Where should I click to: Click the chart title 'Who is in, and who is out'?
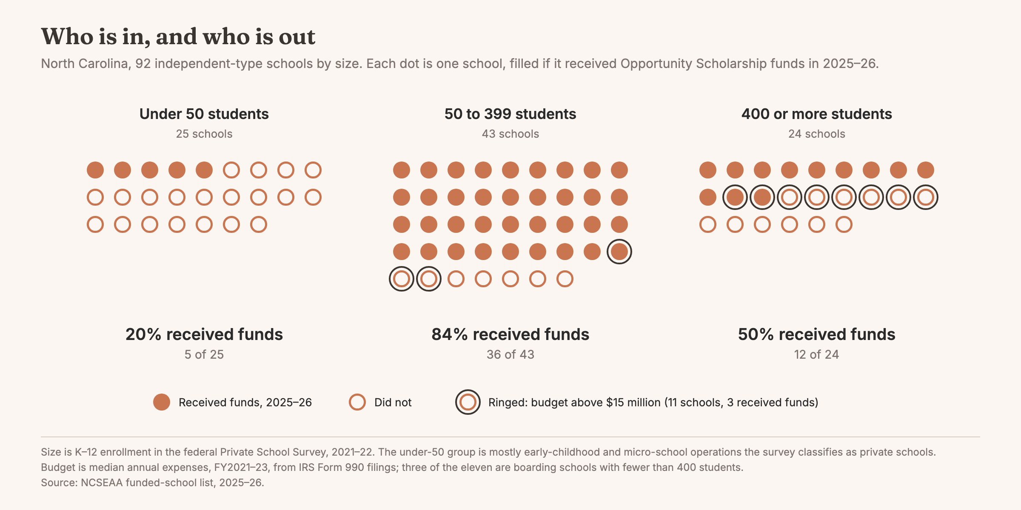[178, 37]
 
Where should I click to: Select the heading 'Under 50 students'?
[204, 114]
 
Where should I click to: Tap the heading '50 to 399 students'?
[510, 114]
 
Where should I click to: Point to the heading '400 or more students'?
[817, 114]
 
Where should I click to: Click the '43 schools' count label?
[510, 134]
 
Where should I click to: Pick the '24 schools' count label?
[817, 134]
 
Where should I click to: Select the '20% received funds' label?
[204, 334]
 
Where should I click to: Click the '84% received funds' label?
[510, 334]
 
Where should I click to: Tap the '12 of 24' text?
[817, 354]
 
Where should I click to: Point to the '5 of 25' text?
[204, 354]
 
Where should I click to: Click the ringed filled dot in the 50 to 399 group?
[619, 252]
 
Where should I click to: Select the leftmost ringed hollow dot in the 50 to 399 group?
[402, 279]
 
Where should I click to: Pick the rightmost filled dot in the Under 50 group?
[204, 170]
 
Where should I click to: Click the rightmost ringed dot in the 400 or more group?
[926, 197]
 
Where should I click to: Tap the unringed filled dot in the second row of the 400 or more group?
[708, 197]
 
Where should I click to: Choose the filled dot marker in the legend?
[162, 402]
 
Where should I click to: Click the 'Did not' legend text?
[393, 402]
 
